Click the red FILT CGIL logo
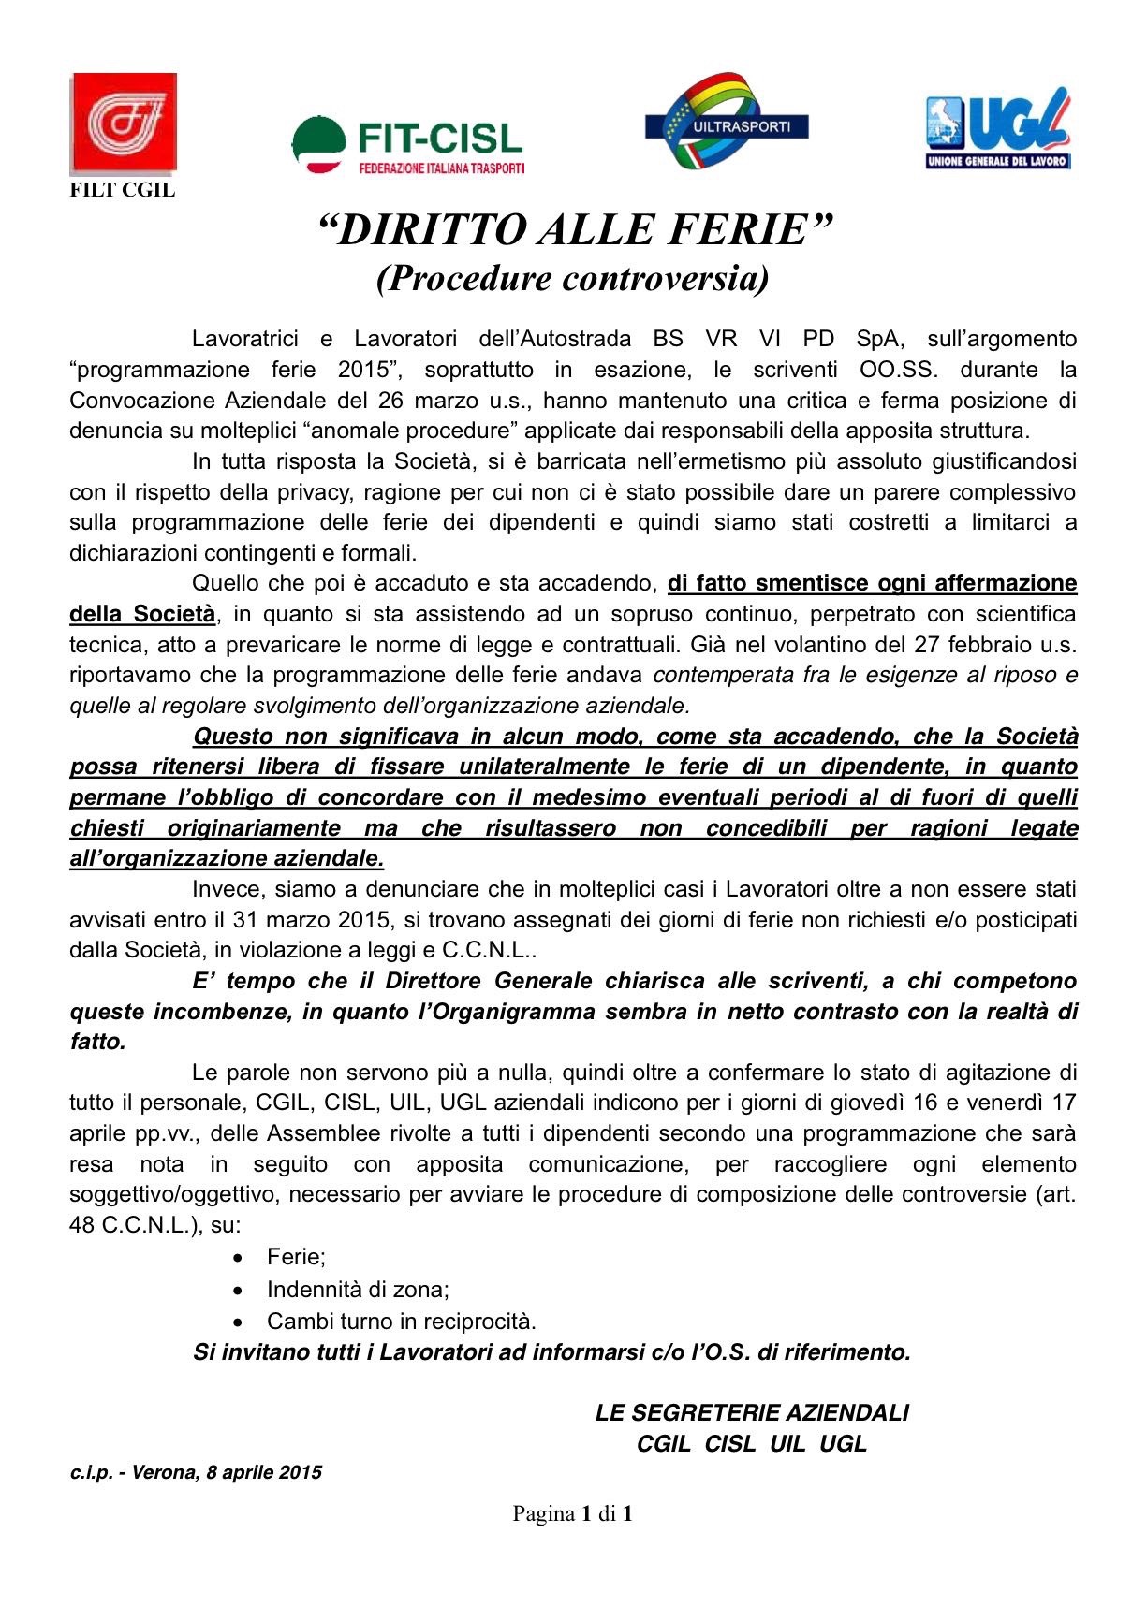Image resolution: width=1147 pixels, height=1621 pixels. point(123,123)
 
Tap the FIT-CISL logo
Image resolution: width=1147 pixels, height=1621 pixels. point(407,144)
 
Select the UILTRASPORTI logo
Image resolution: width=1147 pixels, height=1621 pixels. point(726,122)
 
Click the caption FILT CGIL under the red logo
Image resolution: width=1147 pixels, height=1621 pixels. point(123,190)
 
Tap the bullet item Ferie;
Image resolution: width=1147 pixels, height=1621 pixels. point(296,1256)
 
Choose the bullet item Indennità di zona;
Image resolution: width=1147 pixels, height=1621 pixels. point(358,1289)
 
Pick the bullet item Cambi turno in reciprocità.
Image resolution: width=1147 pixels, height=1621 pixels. point(401,1321)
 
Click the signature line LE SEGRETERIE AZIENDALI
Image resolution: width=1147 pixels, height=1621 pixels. point(752,1412)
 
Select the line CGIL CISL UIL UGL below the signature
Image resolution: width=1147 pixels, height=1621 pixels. point(752,1443)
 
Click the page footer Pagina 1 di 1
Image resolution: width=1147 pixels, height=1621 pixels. point(573,1512)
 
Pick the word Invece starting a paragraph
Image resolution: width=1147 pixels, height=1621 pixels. point(225,888)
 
